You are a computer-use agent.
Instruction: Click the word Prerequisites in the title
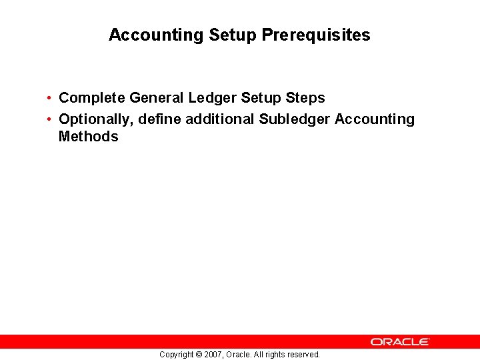(316, 35)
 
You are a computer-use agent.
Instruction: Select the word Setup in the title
(233, 35)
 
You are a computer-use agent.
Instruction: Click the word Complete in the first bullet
(92, 98)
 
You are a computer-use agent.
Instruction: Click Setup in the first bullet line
(261, 98)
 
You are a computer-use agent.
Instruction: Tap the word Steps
(305, 98)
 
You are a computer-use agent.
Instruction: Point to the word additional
(220, 119)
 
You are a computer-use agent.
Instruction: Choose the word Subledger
(295, 119)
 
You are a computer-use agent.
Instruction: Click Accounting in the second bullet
(375, 119)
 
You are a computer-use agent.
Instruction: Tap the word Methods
(89, 137)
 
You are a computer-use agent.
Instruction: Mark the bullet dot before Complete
(50, 99)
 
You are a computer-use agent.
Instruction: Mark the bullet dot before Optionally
(50, 120)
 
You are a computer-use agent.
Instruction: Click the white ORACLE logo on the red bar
(400, 341)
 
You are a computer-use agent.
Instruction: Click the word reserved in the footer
(304, 355)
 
